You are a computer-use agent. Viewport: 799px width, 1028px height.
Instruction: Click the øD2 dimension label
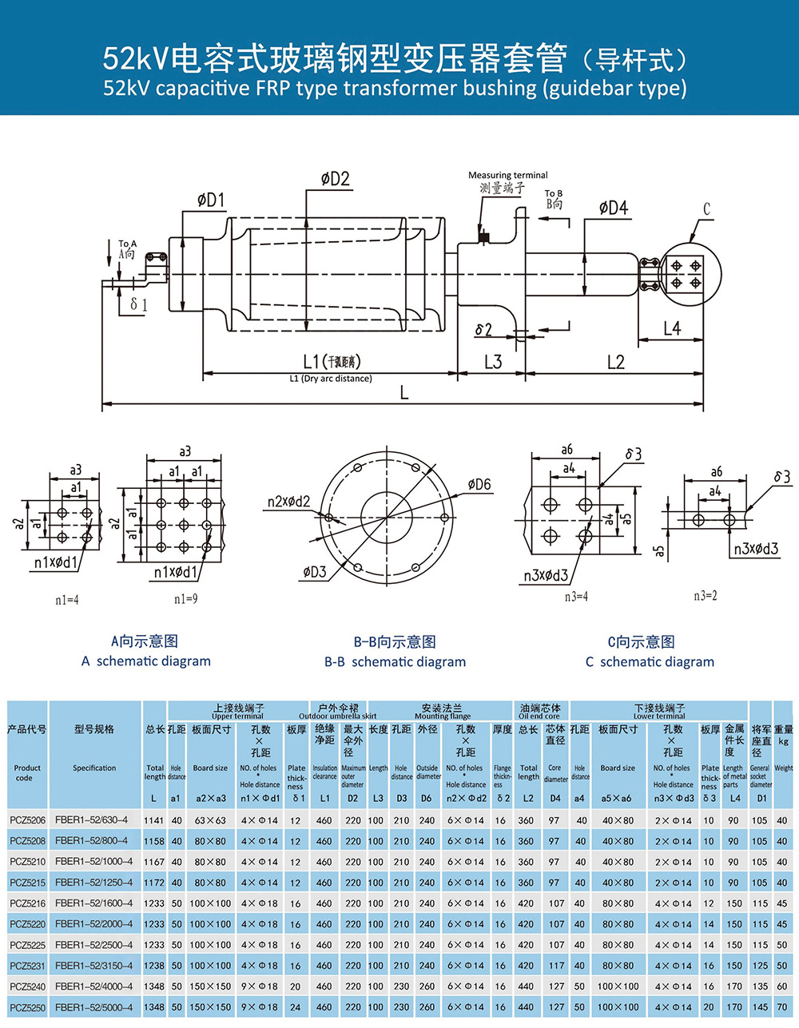336,179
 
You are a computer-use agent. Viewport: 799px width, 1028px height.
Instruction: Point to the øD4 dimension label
613,208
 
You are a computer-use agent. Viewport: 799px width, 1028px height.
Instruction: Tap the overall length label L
404,392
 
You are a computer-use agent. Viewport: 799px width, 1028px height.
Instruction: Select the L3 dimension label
493,362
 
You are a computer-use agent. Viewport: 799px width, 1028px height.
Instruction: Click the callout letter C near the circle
706,209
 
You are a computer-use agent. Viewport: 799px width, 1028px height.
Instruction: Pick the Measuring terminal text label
507,175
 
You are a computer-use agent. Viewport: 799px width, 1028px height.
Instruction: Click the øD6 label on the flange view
479,485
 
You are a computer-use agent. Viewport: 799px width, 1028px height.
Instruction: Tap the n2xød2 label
288,502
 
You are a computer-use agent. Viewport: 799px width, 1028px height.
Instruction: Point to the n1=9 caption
185,598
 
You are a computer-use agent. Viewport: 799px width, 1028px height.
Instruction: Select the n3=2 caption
706,596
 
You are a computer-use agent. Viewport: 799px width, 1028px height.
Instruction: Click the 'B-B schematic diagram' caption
395,661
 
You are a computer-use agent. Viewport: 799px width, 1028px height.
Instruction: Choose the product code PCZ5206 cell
27,820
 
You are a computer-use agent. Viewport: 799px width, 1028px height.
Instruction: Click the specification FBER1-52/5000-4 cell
94,1007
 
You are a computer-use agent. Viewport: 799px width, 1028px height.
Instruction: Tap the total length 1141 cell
154,820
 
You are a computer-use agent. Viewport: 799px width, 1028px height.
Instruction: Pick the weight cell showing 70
781,1007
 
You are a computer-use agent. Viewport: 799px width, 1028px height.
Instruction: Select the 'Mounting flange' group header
443,716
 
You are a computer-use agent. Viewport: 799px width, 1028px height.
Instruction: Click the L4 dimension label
671,327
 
